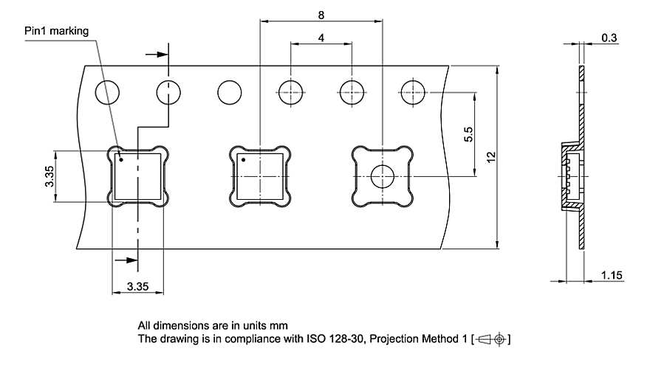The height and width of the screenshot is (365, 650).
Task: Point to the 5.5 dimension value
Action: [468, 134]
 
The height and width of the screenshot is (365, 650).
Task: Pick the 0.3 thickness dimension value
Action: [609, 37]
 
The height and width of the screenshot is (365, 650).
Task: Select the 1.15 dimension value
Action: [612, 275]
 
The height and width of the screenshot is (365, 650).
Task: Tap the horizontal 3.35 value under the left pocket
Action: [137, 285]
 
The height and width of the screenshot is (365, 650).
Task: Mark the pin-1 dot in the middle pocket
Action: [243, 159]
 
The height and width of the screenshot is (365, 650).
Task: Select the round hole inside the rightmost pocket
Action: [383, 176]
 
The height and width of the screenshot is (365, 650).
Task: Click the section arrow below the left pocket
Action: [126, 260]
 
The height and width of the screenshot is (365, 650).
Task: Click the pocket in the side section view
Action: [569, 175]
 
